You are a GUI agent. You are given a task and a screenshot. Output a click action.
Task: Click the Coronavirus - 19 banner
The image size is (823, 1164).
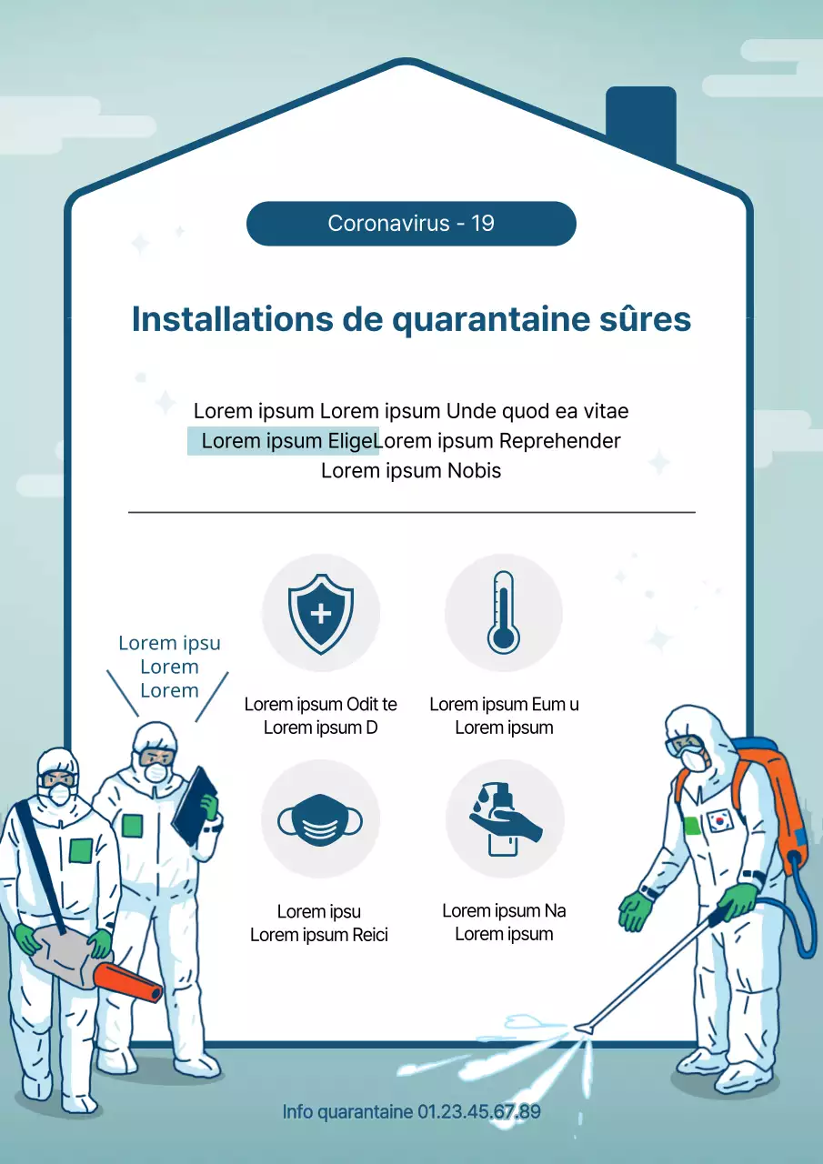click(x=411, y=224)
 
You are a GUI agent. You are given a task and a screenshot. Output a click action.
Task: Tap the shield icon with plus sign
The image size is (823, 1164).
click(x=321, y=612)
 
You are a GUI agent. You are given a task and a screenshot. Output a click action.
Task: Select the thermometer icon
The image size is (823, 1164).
click(x=503, y=612)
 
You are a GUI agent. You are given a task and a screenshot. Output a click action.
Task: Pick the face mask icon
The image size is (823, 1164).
click(x=320, y=819)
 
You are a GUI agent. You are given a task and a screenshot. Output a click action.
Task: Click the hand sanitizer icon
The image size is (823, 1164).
click(x=503, y=818)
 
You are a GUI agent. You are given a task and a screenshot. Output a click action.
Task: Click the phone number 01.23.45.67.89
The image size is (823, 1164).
click(x=479, y=1111)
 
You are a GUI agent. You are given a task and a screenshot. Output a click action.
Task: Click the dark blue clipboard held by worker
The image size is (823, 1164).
click(x=195, y=805)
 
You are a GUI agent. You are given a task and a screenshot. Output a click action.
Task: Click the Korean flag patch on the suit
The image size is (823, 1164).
click(x=718, y=820)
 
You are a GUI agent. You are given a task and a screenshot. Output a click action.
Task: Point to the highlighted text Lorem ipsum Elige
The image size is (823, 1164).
click(x=284, y=441)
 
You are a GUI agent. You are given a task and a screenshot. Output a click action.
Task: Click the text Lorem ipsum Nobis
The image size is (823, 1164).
click(x=411, y=471)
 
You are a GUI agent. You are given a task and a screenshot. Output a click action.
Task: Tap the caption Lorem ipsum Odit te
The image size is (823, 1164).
click(x=320, y=704)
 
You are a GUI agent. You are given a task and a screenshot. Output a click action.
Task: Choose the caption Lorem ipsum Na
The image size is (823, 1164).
click(x=504, y=910)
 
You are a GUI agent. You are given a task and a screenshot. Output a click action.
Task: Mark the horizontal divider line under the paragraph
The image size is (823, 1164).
click(x=411, y=513)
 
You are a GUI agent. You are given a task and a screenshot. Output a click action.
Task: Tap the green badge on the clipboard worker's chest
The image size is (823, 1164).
click(x=133, y=826)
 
